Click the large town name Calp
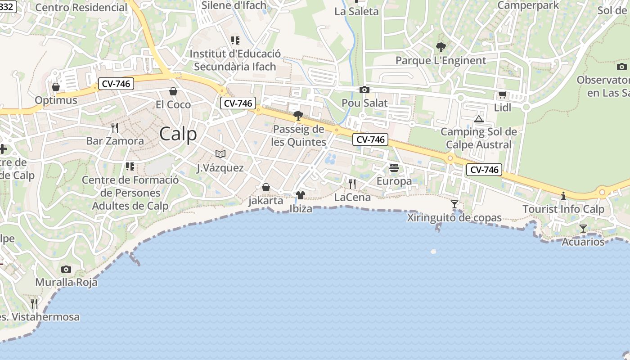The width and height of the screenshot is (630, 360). coord(178,134)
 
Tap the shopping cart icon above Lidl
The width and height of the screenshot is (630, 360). coord(502,94)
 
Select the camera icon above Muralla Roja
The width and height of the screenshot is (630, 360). coord(66,269)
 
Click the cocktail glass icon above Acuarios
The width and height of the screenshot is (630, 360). coord(583,229)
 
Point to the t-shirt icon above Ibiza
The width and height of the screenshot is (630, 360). coord(301,195)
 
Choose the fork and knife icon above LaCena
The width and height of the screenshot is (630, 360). coord(352,184)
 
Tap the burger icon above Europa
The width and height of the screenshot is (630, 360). coord(394,168)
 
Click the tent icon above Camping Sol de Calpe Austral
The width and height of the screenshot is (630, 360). coord(479,119)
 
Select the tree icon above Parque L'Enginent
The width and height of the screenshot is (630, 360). coord(441,47)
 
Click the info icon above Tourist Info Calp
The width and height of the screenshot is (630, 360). coord(563,196)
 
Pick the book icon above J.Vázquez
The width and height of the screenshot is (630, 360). coord(220,154)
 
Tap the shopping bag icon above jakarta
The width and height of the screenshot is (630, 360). coord(266,187)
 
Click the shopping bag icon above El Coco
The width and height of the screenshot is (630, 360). coord(173,91)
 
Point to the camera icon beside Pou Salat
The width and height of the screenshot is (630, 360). coord(364,90)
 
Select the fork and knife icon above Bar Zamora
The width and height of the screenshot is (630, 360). coord(115,127)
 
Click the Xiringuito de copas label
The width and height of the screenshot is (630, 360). coord(454,218)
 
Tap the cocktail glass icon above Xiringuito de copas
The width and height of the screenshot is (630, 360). coord(454,204)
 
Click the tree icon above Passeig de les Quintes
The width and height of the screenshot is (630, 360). coord(298,116)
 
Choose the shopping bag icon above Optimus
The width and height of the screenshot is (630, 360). coord(56,86)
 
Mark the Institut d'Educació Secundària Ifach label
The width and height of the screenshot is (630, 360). coord(235,60)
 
